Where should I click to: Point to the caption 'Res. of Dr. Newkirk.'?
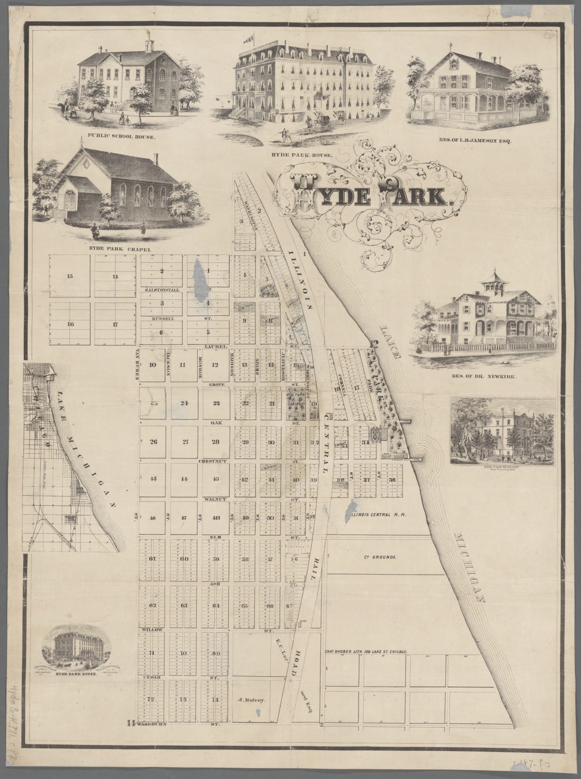click(x=483, y=376)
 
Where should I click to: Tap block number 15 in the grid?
click(x=70, y=276)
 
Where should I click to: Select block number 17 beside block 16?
click(x=115, y=324)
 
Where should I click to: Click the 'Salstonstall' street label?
click(x=162, y=290)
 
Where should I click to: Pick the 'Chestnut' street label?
click(x=212, y=461)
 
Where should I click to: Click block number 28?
click(x=215, y=441)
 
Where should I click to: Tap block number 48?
click(x=215, y=518)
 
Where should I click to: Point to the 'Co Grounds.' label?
click(x=380, y=557)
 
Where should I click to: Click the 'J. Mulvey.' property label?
click(x=251, y=700)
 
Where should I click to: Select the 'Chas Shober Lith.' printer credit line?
click(x=367, y=651)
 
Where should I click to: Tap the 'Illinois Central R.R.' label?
click(x=378, y=514)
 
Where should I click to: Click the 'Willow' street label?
click(x=151, y=630)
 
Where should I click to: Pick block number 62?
click(x=152, y=605)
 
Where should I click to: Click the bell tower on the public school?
click(x=149, y=45)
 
